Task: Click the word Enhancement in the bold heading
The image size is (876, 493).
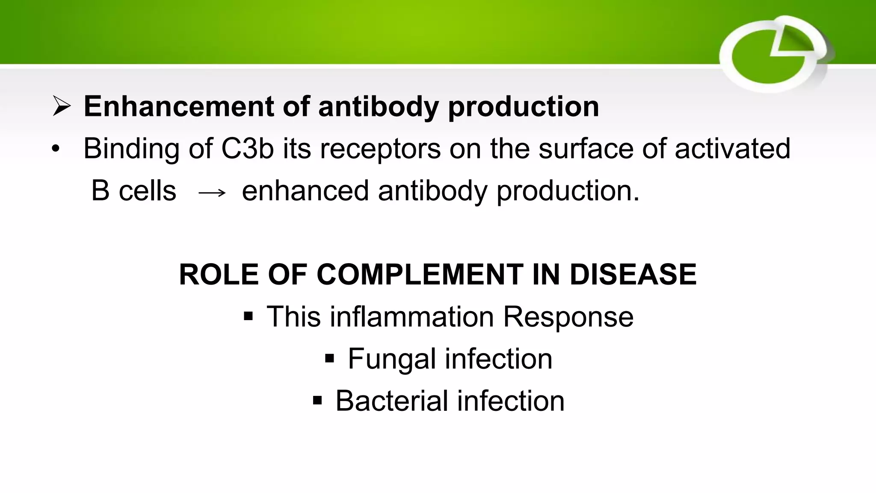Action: click(178, 106)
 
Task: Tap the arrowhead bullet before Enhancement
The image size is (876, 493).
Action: click(62, 106)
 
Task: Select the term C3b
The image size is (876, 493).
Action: click(247, 148)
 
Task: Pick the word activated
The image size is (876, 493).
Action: click(732, 148)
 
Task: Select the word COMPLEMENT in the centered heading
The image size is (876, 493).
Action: click(420, 274)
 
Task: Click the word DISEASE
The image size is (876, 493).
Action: click(633, 274)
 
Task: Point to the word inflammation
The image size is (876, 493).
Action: click(412, 317)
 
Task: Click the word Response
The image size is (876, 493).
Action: click(568, 317)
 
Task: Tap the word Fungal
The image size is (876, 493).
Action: click(392, 359)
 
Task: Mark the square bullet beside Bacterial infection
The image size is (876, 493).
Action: click(317, 401)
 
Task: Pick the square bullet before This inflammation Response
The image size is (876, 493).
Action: click(248, 317)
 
